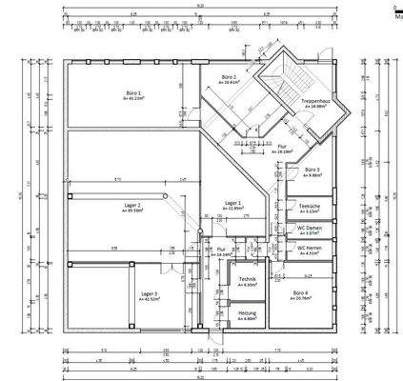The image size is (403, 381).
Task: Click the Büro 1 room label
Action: [x=131, y=92]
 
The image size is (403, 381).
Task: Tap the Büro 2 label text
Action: [x=228, y=78]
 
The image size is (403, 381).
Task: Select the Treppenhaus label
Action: [x=315, y=103]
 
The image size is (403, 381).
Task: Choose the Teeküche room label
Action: [x=309, y=206]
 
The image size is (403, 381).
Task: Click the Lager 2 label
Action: [x=131, y=205]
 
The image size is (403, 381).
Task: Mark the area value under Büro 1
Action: [x=132, y=98]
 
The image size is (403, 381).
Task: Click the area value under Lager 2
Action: [x=132, y=211]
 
